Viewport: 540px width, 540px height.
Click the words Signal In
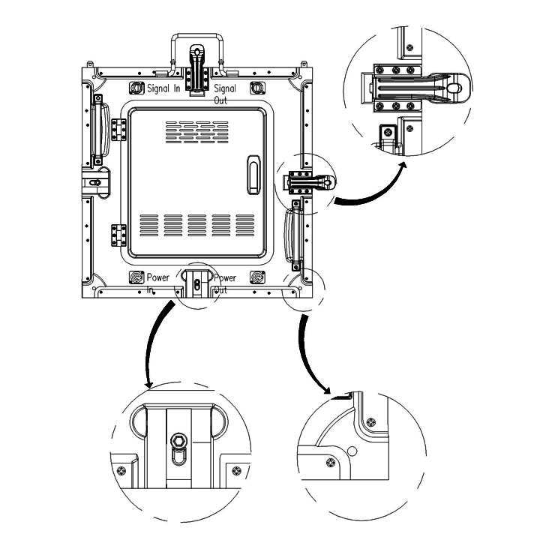[163, 88]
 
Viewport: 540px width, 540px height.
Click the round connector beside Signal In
[136, 88]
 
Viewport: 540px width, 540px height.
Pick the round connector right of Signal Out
[256, 88]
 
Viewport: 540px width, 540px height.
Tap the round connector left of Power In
[136, 277]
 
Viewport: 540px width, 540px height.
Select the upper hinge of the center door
[117, 129]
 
